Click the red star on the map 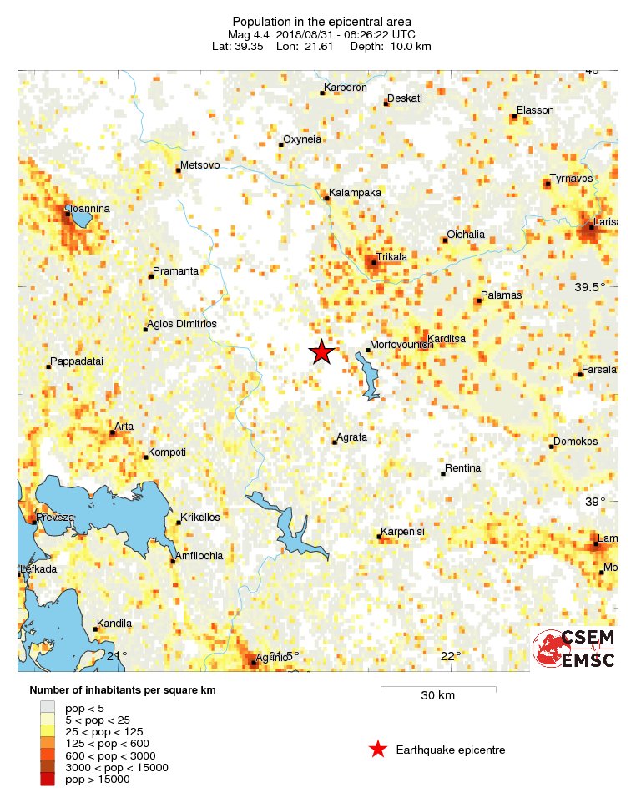[x=322, y=352]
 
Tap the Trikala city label [x=392, y=257]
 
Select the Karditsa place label [x=447, y=338]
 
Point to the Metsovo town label [x=200, y=165]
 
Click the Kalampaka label [x=355, y=193]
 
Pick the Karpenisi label [x=403, y=532]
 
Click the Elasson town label [x=535, y=110]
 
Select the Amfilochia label [x=199, y=556]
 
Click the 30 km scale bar [x=438, y=689]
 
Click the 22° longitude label [x=451, y=656]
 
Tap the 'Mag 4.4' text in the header [x=250, y=34]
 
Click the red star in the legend [x=378, y=750]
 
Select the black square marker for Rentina [x=443, y=473]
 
